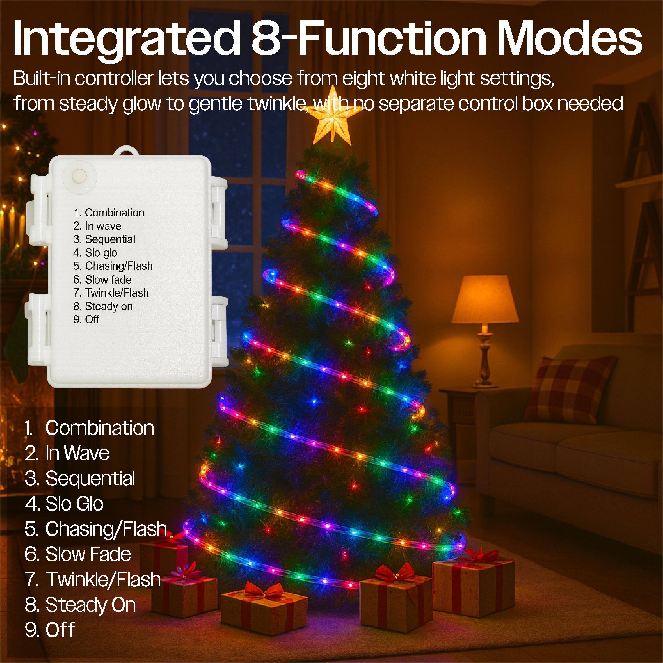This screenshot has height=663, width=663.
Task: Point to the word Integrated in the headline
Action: click(x=126, y=38)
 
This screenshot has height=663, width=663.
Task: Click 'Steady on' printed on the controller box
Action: click(x=109, y=306)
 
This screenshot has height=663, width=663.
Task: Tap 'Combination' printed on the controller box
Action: click(x=114, y=212)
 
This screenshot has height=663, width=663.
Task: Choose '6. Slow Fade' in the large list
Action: click(x=78, y=554)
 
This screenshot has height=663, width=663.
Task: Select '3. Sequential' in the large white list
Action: click(x=80, y=478)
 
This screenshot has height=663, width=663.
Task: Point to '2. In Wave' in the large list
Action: click(x=67, y=453)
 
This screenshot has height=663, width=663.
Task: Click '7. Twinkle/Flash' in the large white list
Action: click(x=93, y=579)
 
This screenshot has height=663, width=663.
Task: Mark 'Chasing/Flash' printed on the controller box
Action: click(x=119, y=266)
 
